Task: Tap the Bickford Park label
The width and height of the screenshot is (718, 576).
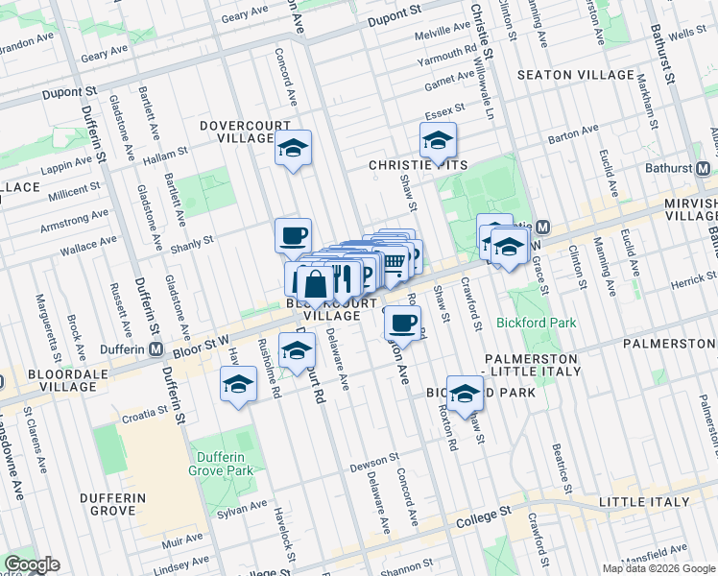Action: [537, 323]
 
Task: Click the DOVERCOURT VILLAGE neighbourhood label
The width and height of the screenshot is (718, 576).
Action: [237, 132]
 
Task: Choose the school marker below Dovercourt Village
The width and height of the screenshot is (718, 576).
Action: [294, 149]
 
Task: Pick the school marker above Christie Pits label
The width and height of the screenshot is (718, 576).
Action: [438, 141]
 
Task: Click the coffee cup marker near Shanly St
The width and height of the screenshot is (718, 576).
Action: [293, 234]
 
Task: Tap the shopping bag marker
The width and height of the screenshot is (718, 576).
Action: [315, 283]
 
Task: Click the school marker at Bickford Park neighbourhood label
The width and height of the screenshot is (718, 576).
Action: [465, 394]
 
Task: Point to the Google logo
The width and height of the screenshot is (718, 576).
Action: [32, 565]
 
